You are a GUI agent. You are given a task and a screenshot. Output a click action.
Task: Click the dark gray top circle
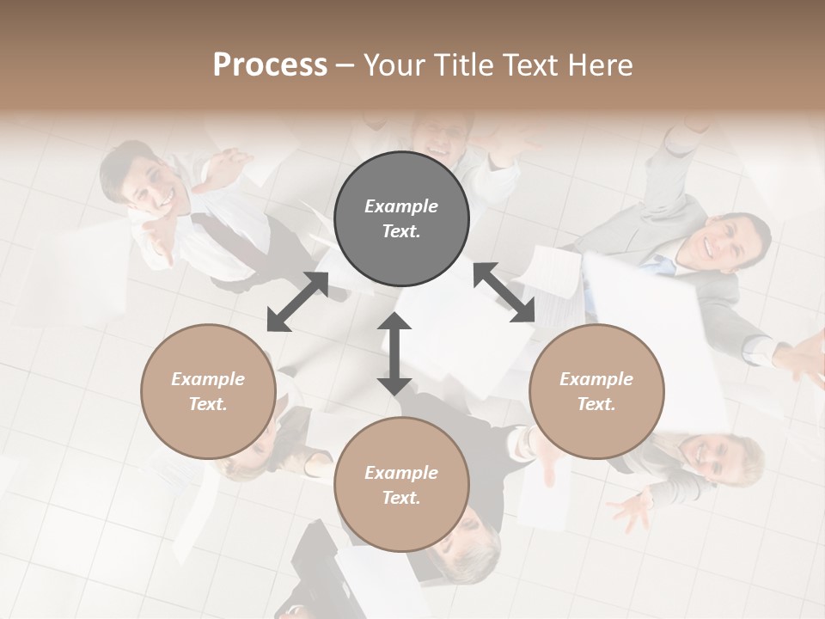point(401,219)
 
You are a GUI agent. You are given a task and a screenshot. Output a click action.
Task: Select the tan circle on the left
point(208,391)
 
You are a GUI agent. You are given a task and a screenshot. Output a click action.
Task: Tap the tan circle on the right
point(596,391)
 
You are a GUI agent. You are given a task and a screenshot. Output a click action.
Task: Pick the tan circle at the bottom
point(401,485)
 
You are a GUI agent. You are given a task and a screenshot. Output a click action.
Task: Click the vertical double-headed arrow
point(394,353)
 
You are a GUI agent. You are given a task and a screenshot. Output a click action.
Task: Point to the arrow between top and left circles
point(297,302)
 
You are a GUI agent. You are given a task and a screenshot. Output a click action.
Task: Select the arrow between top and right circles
point(504,293)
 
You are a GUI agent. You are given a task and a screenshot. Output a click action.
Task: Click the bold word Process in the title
point(270,65)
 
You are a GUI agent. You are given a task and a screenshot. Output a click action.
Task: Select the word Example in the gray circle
point(401,206)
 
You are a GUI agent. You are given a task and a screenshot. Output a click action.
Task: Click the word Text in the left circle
point(208,404)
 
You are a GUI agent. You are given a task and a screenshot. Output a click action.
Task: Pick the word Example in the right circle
point(596,379)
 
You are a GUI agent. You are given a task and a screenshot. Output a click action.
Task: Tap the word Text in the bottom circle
point(401,498)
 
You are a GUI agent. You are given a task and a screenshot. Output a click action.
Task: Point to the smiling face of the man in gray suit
point(723,242)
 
